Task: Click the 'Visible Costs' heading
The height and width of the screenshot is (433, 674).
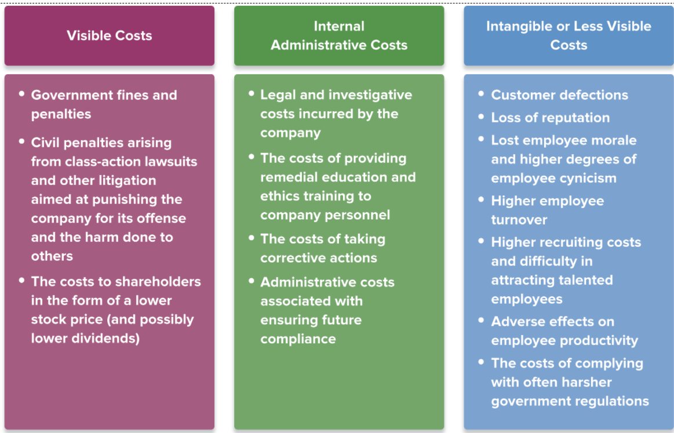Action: click(109, 36)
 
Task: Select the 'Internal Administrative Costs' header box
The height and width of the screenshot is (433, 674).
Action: click(339, 36)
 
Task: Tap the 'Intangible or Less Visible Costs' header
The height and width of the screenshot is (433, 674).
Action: click(569, 36)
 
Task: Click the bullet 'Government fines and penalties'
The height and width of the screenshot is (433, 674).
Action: click(104, 104)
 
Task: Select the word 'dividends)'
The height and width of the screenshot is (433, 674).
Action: click(110, 338)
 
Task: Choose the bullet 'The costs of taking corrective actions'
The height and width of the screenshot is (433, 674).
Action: click(322, 248)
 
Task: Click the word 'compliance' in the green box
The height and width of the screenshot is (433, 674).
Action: click(298, 339)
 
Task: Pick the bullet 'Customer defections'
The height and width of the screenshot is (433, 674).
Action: click(559, 95)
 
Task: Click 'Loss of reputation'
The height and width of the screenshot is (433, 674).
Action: click(550, 118)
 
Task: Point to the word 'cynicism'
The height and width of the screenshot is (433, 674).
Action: click(583, 178)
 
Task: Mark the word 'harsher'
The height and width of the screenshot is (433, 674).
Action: click(581, 382)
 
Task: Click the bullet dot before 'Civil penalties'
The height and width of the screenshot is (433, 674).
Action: click(21, 141)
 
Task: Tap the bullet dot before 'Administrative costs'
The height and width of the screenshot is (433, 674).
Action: click(252, 281)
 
